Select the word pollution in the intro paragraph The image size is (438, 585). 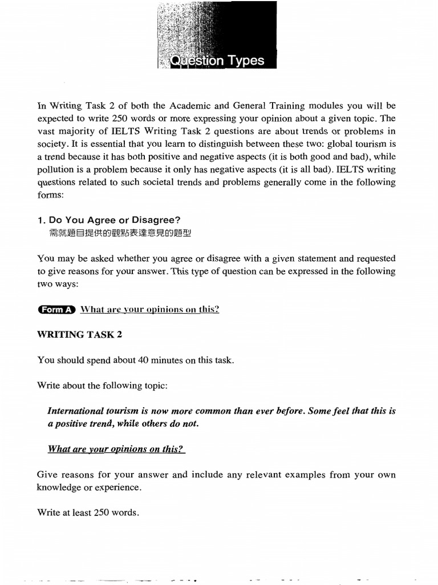click(x=57, y=169)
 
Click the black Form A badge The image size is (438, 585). click(x=56, y=309)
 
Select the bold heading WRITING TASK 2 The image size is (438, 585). click(x=79, y=334)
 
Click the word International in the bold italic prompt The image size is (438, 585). click(x=75, y=411)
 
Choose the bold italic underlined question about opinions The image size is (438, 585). click(x=116, y=449)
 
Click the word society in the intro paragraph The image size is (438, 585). click(x=51, y=144)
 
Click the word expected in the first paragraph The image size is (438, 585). click(x=56, y=118)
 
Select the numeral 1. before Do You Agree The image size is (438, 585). click(x=40, y=220)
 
